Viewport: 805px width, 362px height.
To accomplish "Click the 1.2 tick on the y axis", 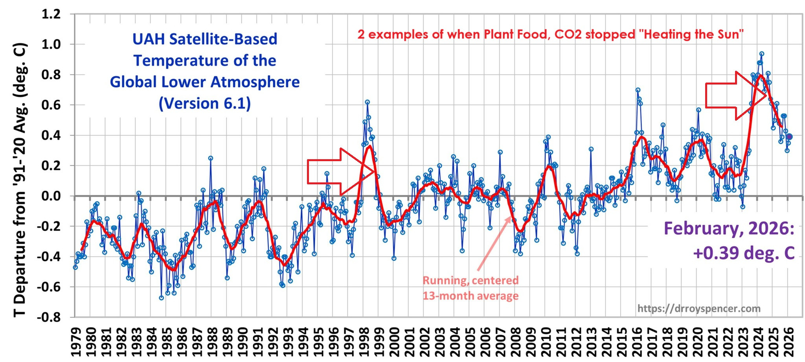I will [51, 14].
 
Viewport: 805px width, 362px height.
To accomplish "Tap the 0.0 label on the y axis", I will [51, 196].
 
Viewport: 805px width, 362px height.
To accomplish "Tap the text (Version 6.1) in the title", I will [204, 103].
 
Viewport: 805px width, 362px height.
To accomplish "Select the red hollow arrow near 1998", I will [340, 171].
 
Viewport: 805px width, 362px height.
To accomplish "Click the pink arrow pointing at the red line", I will [494, 244].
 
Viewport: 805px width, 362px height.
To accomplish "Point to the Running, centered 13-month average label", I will [471, 288].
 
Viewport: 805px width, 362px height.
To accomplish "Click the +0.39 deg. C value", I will [744, 253].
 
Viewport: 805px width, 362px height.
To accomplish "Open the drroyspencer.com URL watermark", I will [699, 309].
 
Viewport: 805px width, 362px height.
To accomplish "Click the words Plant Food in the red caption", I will [515, 34].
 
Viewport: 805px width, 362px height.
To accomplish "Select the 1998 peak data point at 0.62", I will [367, 102].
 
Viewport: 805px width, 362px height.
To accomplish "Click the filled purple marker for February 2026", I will [789, 137].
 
